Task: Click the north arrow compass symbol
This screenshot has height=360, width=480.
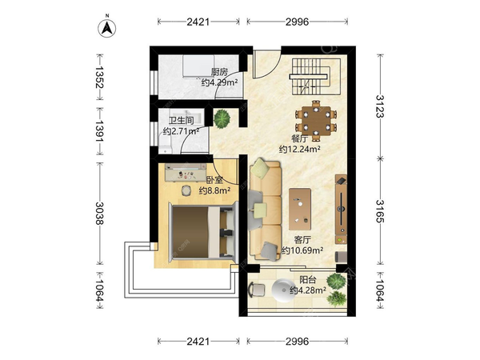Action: pos(107,27)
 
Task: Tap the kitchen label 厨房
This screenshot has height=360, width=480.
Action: pos(219,72)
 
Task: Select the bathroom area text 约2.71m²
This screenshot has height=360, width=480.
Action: pos(182,131)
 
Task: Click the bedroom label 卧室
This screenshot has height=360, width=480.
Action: pos(214,180)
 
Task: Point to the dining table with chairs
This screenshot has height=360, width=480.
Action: pos(316,121)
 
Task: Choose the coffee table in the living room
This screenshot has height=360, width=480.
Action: pos(300,209)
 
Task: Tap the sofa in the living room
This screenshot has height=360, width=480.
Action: pos(265,210)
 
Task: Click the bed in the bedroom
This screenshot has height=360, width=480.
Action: pos(203,232)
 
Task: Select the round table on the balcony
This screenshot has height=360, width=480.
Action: pos(283,290)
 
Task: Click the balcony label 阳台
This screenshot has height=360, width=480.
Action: pos(308,279)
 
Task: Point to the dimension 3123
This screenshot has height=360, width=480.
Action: pos(380,106)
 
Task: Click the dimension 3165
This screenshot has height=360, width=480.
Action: pos(380,211)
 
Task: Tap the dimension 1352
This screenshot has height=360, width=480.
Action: pos(99,77)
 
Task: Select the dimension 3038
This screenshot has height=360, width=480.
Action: pos(99,214)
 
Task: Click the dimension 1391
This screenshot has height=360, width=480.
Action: pos(99,130)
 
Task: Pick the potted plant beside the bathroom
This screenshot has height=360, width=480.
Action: pos(222,118)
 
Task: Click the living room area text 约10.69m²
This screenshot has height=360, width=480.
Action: pos(302,250)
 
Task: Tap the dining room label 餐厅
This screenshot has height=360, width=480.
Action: pos(300,138)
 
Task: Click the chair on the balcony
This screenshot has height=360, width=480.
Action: pos(257,290)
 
